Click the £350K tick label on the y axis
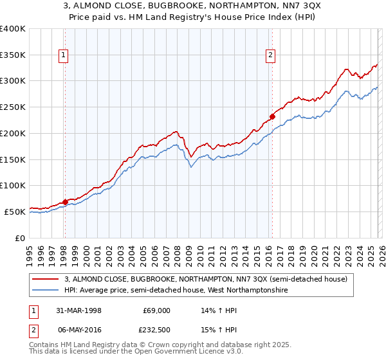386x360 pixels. [x=13, y=55]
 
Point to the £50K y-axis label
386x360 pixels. [x=15, y=212]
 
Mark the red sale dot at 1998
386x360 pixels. [x=65, y=202]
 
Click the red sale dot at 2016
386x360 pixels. [x=272, y=117]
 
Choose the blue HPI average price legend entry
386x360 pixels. [x=175, y=291]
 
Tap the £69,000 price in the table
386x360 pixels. [x=156, y=310]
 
